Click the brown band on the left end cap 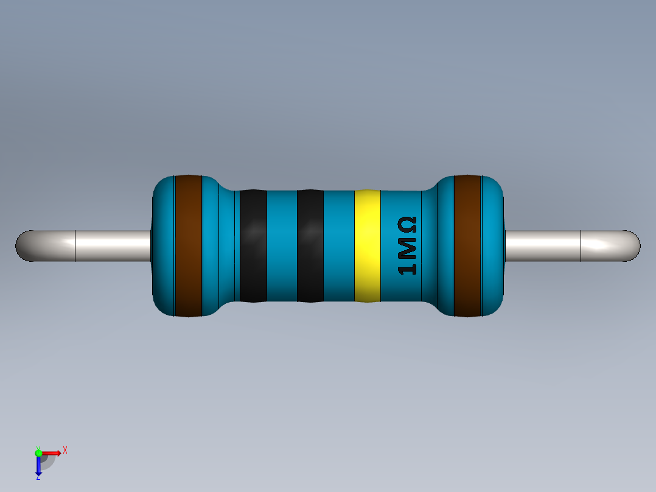tap(188, 246)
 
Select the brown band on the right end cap tap(467, 246)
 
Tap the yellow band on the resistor tap(368, 246)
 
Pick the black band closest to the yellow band tap(310, 246)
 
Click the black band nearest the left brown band tap(253, 246)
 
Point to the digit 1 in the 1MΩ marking tap(407, 267)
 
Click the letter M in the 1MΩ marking tap(407, 247)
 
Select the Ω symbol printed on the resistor tap(407, 226)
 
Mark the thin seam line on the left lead tap(75, 246)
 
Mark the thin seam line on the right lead tap(581, 246)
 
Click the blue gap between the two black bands tap(282, 246)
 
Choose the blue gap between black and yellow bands tap(339, 246)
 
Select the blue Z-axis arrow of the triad tap(38, 466)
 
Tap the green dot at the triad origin tap(38, 452)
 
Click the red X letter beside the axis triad tap(65, 451)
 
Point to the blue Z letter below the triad tap(38, 478)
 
